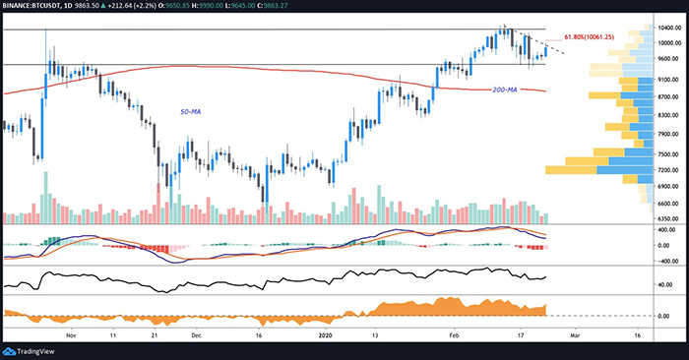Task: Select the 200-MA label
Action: point(505,90)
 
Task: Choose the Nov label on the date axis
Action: point(70,334)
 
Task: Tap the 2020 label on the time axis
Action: point(329,334)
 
